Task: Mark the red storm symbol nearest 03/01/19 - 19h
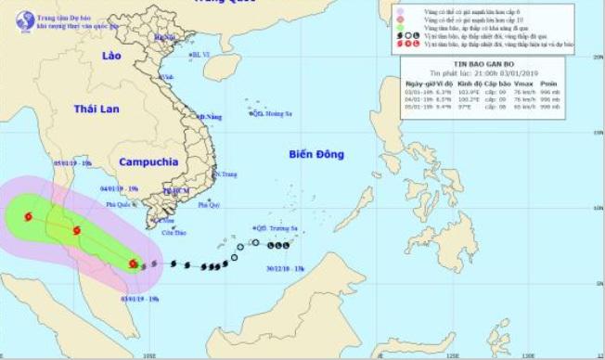click(134, 264)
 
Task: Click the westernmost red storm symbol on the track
click(28, 217)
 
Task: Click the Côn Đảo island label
click(174, 233)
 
